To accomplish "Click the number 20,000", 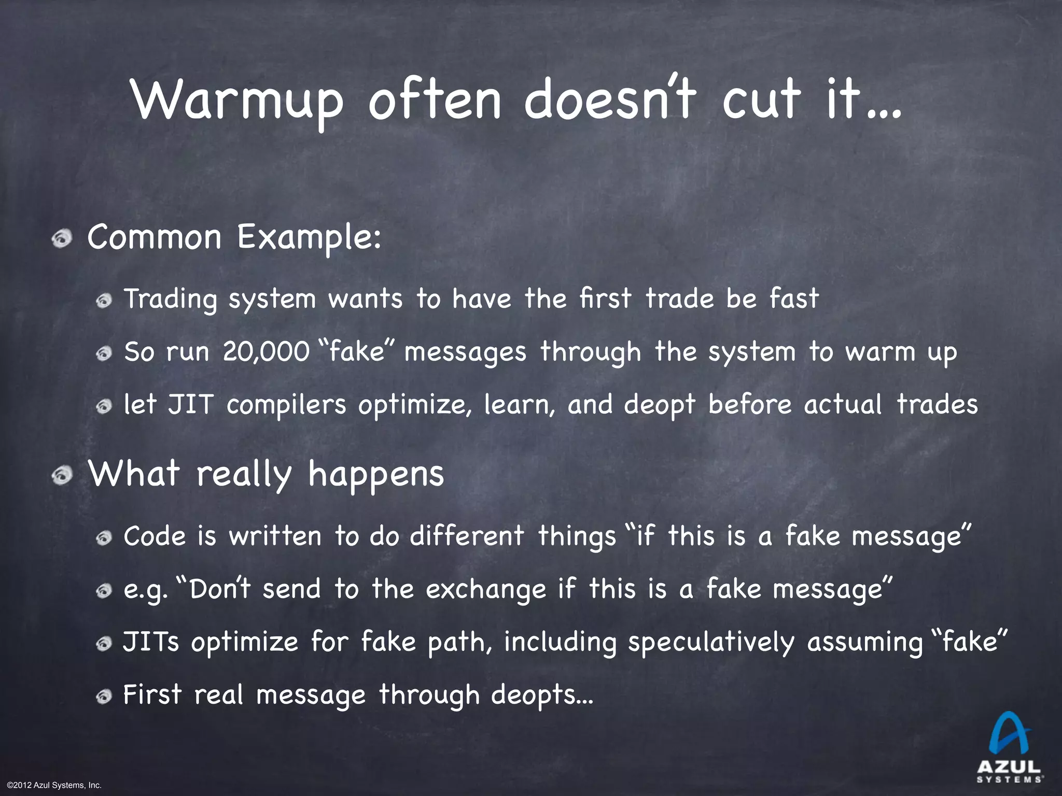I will coord(266,352).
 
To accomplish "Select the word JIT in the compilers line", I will coord(190,404).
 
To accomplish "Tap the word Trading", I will coord(170,300).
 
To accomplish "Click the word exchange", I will coord(486,589).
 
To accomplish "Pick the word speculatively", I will coord(711,642).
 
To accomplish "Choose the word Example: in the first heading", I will coord(310,238).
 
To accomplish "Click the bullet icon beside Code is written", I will coord(104,539).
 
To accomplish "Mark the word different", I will coord(467,536).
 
